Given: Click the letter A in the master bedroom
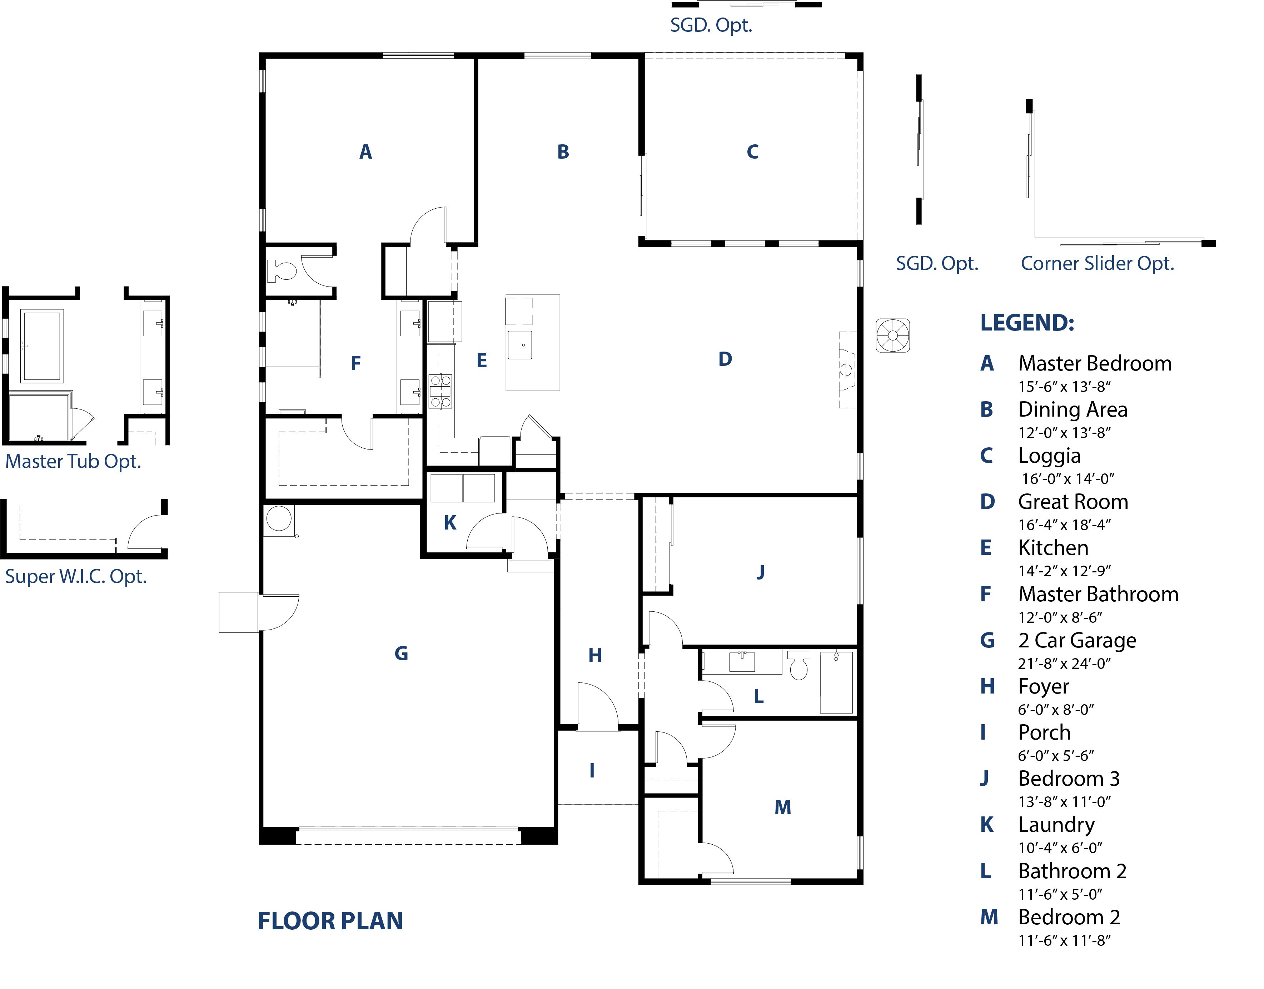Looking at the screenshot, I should pyautogui.click(x=365, y=152).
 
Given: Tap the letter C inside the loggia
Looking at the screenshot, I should pyautogui.click(x=752, y=152).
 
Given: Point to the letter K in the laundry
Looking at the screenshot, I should pyautogui.click(x=450, y=523).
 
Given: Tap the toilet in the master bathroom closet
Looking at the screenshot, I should pyautogui.click(x=282, y=270).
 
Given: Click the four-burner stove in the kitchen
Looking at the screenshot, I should pyautogui.click(x=440, y=392).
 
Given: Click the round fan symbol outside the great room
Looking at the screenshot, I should pyautogui.click(x=892, y=335).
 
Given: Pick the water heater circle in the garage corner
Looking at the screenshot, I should pyautogui.click(x=279, y=519).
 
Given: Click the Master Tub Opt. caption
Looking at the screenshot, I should pyautogui.click(x=73, y=462).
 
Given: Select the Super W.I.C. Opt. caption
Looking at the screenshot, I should pyautogui.click(x=76, y=577).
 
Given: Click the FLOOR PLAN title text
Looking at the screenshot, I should pyautogui.click(x=330, y=921).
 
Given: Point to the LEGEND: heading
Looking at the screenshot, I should pyautogui.click(x=1027, y=323).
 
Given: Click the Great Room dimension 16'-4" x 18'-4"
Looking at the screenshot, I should pyautogui.click(x=1064, y=525).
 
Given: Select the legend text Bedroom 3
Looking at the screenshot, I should pyautogui.click(x=1069, y=779).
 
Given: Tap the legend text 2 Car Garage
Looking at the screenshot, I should pyautogui.click(x=1077, y=640).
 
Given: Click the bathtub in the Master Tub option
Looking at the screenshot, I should pyautogui.click(x=42, y=346).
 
